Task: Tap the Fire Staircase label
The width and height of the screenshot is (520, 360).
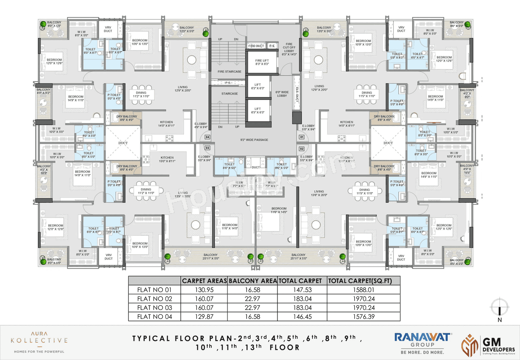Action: point(230,72)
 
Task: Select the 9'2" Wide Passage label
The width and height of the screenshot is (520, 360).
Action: point(254,140)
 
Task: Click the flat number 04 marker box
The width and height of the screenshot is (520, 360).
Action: point(207,137)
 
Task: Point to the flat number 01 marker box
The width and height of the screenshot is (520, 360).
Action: point(301,137)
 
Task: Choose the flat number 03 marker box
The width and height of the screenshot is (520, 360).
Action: point(207,148)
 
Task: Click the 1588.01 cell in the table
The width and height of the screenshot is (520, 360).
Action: point(363,290)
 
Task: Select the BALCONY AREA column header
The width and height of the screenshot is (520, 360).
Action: point(252,281)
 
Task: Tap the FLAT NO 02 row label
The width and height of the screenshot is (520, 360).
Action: point(154,299)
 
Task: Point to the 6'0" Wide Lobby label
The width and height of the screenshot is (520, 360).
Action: point(282,94)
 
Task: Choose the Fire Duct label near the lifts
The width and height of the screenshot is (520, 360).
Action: point(256,46)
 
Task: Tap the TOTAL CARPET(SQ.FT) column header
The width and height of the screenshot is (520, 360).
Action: point(363,281)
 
